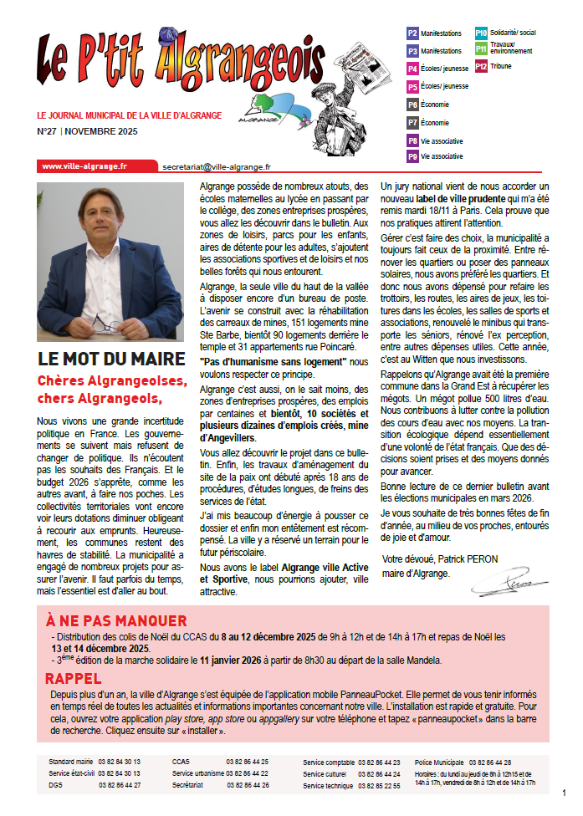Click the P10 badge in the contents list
click(x=482, y=33)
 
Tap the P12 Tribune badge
click(x=482, y=66)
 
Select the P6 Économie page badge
click(x=412, y=105)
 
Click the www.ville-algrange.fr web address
click(x=84, y=166)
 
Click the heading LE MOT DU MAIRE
click(x=111, y=360)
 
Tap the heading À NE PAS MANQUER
click(x=116, y=620)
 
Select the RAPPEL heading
click(x=74, y=677)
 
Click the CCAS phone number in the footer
click(x=247, y=762)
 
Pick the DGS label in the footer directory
click(x=56, y=786)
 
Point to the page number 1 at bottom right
click(x=565, y=792)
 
